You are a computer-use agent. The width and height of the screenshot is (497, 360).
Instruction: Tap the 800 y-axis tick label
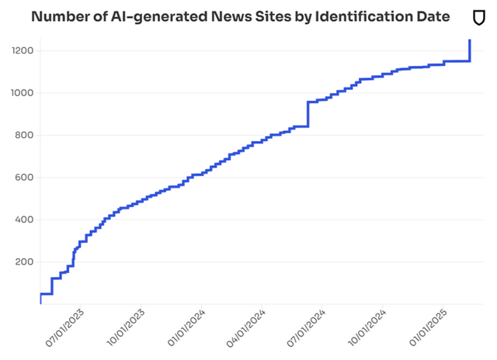tap(21, 136)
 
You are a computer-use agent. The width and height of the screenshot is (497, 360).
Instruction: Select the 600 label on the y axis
tap(21, 178)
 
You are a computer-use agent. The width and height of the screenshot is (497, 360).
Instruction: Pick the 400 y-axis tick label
tap(21, 220)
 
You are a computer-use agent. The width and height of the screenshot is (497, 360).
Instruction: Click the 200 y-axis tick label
tap(21, 262)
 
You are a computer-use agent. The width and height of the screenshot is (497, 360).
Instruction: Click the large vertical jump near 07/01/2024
tap(308, 113)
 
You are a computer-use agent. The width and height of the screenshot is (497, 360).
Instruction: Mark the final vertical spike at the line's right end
tap(469, 50)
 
